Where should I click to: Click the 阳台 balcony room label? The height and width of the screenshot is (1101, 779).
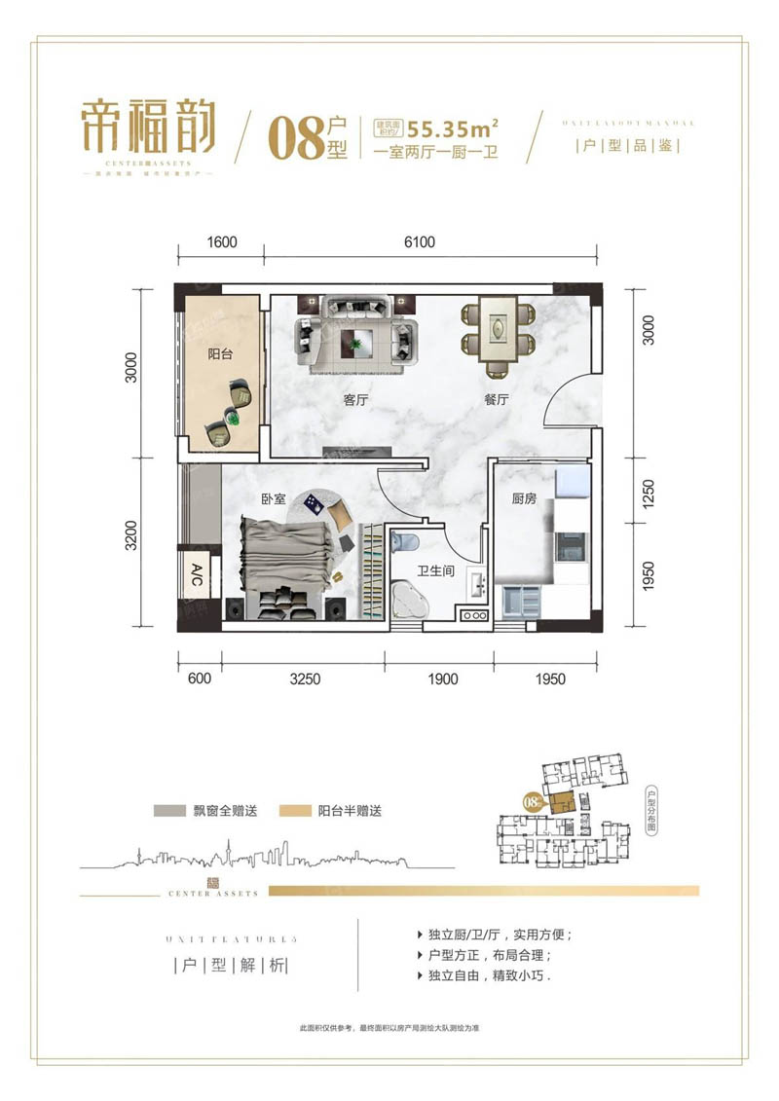(x=220, y=355)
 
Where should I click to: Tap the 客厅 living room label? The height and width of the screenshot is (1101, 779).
(x=355, y=399)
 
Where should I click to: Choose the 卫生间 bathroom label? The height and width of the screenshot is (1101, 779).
(x=437, y=571)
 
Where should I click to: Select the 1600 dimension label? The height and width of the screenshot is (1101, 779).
(x=222, y=242)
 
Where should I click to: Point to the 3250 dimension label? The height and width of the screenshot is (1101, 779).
(x=305, y=679)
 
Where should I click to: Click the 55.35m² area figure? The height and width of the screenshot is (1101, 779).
(x=454, y=127)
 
